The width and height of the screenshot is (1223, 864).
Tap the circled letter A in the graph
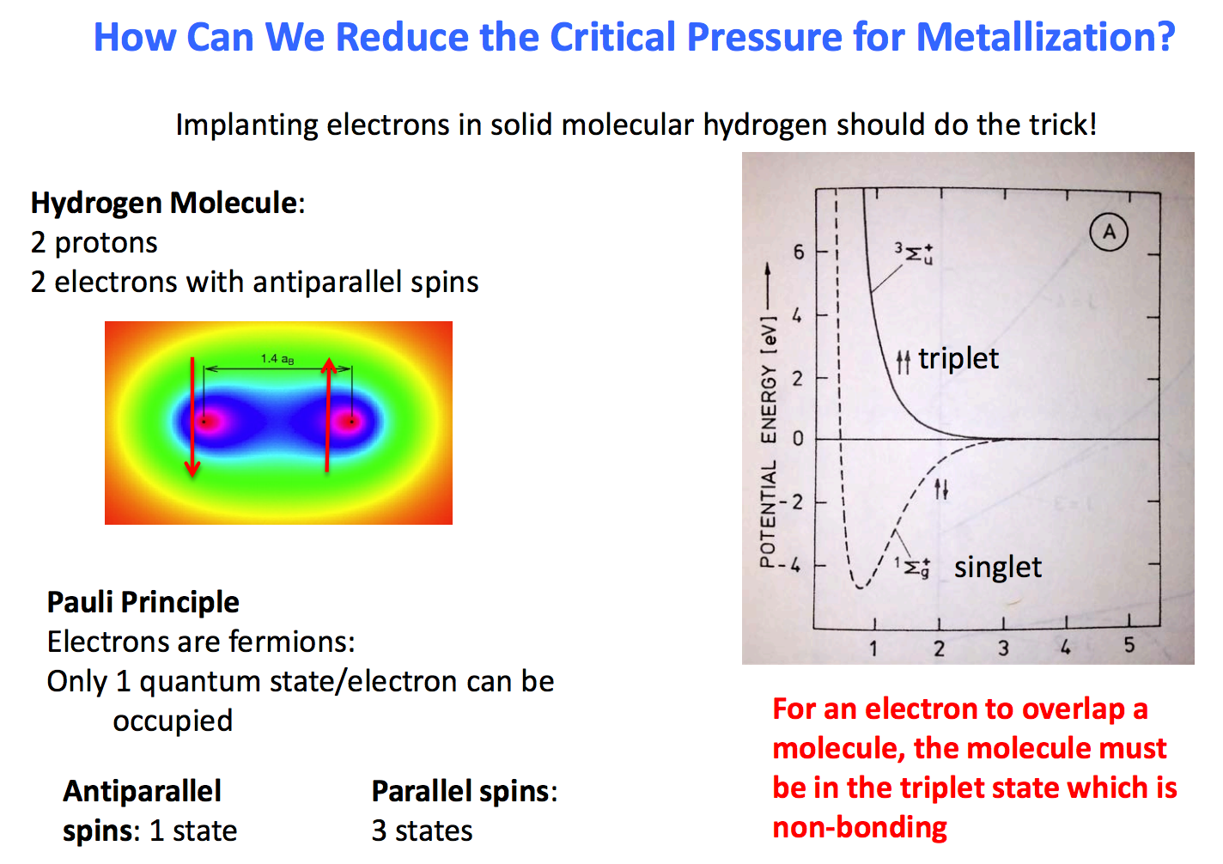(1109, 232)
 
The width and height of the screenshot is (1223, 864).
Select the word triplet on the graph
(958, 358)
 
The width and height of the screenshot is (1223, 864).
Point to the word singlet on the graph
(997, 567)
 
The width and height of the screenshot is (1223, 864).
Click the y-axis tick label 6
(799, 252)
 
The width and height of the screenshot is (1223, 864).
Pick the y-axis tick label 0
(799, 438)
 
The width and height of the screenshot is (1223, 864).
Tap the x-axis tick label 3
(1003, 648)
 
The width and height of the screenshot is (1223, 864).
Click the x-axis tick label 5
(1129, 645)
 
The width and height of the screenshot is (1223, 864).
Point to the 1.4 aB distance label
(277, 359)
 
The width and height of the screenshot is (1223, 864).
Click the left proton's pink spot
(206, 422)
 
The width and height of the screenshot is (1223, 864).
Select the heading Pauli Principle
(143, 602)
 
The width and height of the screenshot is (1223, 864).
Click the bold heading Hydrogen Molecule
(164, 203)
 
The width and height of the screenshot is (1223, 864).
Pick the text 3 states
(422, 831)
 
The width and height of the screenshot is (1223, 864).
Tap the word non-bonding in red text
(860, 827)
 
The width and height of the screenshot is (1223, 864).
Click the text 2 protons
(94, 242)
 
